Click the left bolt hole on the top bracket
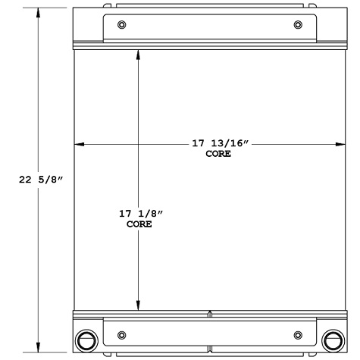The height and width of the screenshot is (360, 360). [x=122, y=27]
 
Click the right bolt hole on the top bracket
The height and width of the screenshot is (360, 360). [x=296, y=27]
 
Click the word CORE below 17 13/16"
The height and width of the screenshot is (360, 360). [x=218, y=154]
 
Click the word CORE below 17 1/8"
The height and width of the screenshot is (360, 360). [x=139, y=225]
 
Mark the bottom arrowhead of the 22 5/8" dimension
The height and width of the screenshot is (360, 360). [x=39, y=348]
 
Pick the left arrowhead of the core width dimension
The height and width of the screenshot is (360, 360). [x=77, y=144]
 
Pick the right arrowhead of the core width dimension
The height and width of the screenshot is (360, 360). [x=340, y=144]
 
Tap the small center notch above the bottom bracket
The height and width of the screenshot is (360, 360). [x=210, y=310]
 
